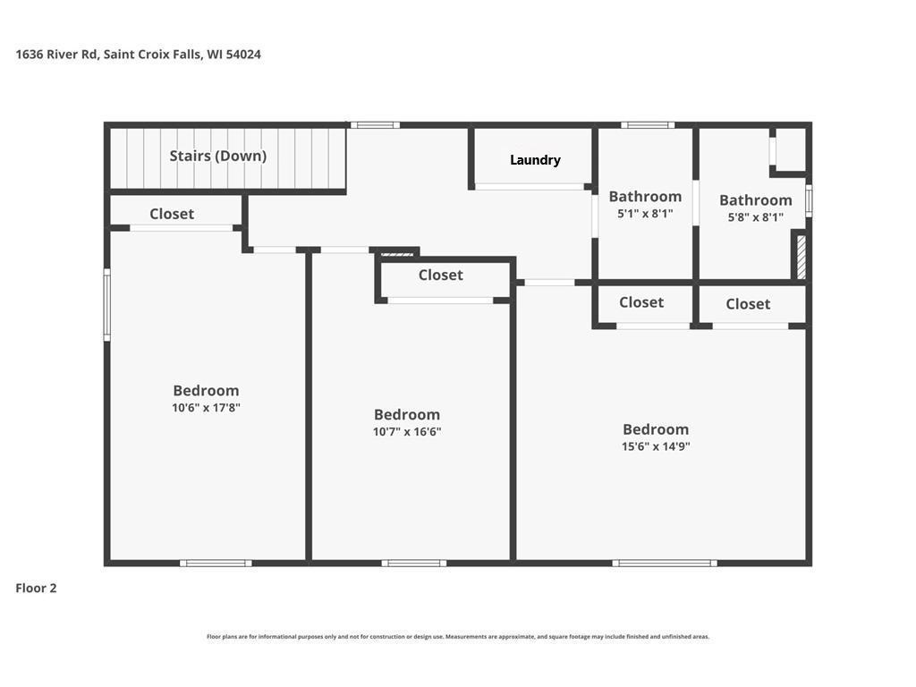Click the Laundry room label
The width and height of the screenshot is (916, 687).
[x=535, y=160]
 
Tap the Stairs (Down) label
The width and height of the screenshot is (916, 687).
[x=218, y=156]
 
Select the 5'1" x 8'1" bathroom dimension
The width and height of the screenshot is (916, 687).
[x=645, y=214]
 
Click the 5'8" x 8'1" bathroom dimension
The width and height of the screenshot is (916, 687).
[x=755, y=217]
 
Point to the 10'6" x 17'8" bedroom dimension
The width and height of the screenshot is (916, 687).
[x=207, y=408]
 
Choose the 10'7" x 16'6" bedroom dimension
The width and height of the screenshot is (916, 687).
[x=407, y=432]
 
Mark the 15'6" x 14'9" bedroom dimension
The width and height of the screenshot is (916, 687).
[x=656, y=446]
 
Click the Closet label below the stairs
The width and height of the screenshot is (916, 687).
[x=172, y=214]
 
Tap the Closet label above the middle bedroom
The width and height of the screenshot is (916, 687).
[x=440, y=275]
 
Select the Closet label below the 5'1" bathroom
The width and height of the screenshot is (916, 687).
[x=641, y=302]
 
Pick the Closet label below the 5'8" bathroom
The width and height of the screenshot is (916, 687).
[x=748, y=304]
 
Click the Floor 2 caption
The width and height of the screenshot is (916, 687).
[x=36, y=589]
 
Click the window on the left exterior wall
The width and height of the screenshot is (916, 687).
[x=107, y=304]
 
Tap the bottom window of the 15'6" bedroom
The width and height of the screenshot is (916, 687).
[x=665, y=564]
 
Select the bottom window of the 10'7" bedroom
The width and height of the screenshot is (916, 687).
[x=414, y=564]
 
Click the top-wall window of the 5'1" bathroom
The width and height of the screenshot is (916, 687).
[x=648, y=125]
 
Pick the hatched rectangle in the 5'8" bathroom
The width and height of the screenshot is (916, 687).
[x=801, y=257]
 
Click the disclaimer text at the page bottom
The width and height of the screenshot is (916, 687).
[x=458, y=637]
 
